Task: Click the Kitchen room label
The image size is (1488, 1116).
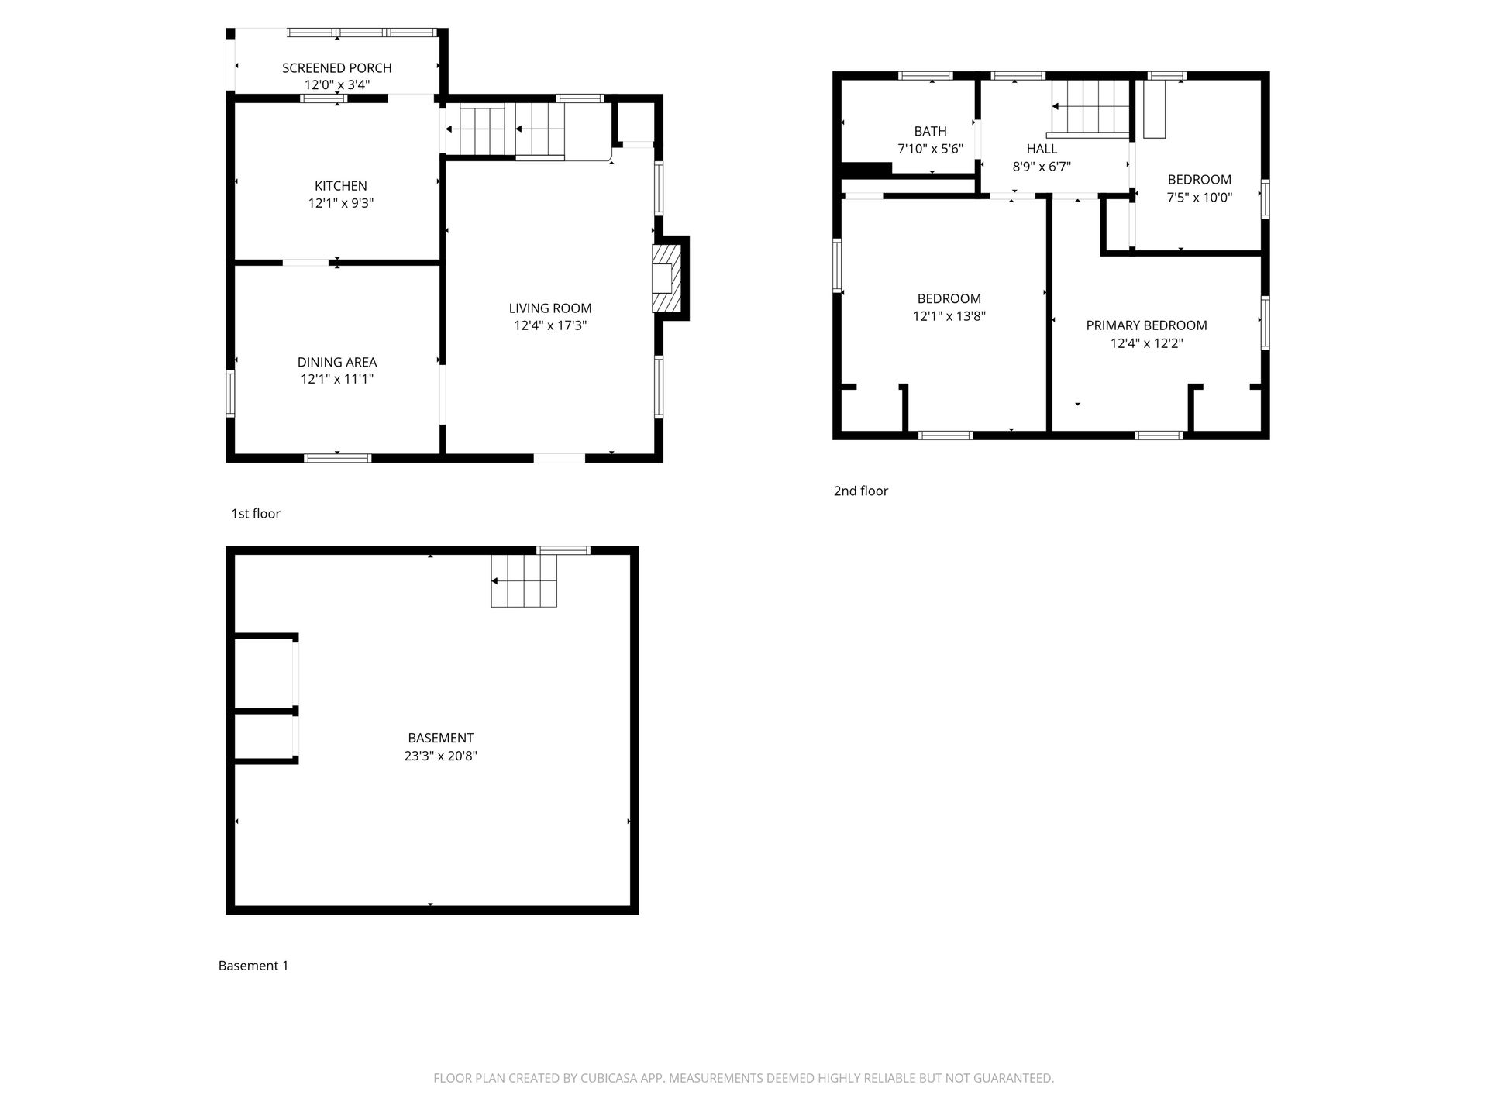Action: tap(341, 186)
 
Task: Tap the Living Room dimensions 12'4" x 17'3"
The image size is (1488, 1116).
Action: tap(550, 325)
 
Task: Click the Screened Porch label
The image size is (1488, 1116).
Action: tap(337, 68)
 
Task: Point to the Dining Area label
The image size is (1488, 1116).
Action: tap(337, 362)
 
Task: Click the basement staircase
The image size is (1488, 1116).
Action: tap(524, 580)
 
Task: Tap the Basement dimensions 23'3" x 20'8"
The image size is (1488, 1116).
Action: tap(440, 756)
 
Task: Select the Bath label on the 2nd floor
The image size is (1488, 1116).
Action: tap(930, 131)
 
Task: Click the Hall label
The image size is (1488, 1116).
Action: tap(1042, 149)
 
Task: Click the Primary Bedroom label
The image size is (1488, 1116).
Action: tap(1146, 325)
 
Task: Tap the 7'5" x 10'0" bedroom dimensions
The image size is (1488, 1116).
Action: tap(1200, 198)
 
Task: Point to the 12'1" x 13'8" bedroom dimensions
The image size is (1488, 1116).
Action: tap(949, 316)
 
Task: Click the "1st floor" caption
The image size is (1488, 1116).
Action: tap(256, 513)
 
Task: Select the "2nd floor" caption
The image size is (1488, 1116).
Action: tap(861, 491)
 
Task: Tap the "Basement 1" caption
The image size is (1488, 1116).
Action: tap(253, 966)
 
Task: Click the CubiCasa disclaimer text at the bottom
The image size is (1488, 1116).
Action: tap(744, 1078)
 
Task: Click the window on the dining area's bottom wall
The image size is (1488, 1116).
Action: tap(338, 458)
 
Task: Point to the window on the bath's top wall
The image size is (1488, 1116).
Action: tap(926, 76)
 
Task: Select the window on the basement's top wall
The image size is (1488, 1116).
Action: tap(563, 550)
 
